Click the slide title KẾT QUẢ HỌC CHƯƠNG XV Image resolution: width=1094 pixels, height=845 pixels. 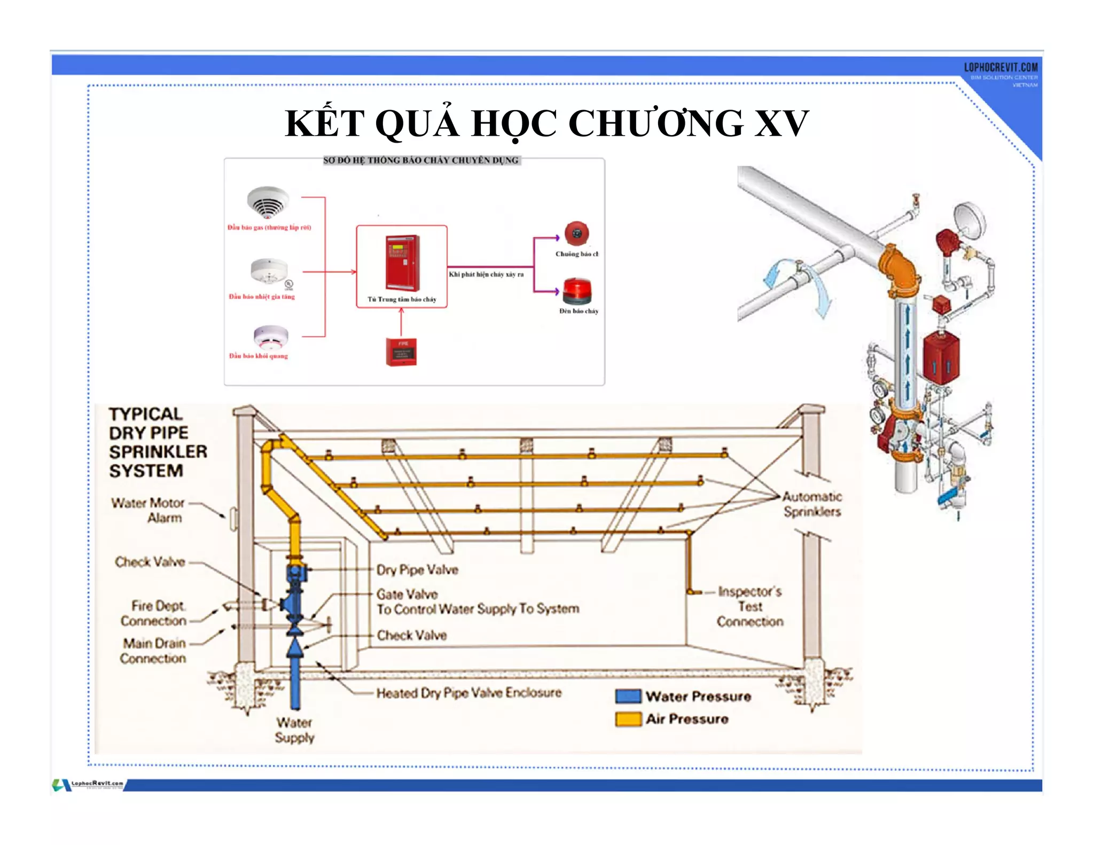point(546,123)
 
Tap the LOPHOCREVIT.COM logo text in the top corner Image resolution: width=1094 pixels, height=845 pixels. point(1001,67)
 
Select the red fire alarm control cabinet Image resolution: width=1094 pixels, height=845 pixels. point(402,262)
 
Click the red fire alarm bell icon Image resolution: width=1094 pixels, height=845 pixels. point(577,233)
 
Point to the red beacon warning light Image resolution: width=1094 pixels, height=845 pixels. point(577,291)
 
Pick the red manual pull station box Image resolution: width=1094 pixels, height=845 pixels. point(401,352)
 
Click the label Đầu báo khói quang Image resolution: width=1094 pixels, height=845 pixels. point(259,356)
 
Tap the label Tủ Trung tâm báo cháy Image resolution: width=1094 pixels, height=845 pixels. point(402,300)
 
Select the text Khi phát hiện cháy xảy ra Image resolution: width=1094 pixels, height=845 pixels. point(486,275)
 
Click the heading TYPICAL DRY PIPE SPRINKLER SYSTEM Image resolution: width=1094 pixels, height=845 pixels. point(157,442)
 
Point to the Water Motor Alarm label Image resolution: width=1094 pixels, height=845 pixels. point(147,510)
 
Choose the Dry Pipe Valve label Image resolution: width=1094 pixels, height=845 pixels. point(417,570)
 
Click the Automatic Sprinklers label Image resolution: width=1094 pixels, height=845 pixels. point(812,504)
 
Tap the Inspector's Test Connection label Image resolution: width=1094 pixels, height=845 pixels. point(750,607)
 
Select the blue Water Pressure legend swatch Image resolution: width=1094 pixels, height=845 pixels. point(628,697)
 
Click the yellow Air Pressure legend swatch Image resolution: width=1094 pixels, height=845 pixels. point(628,719)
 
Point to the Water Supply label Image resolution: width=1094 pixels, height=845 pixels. point(294,730)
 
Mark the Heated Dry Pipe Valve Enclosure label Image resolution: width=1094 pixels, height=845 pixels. point(469,693)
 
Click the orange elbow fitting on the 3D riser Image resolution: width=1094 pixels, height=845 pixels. point(897,266)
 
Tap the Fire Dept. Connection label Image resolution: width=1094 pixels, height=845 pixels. point(154,613)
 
